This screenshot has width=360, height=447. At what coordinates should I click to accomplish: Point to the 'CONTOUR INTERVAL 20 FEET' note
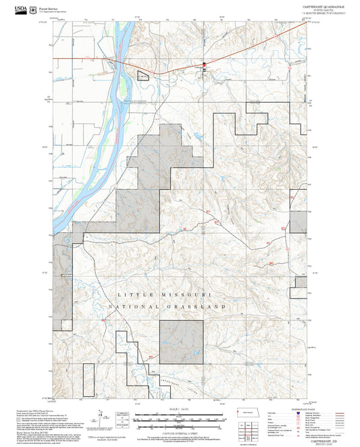180,431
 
